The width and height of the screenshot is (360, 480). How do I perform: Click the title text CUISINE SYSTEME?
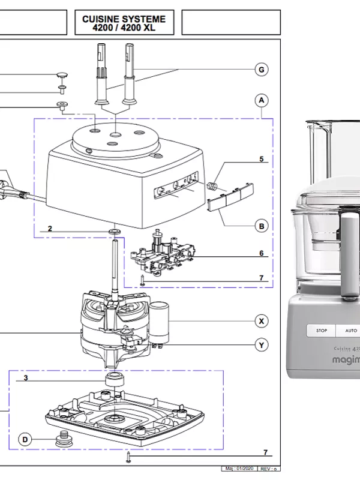[124, 19]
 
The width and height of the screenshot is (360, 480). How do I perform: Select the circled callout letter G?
[261, 70]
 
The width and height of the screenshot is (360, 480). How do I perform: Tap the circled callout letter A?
[261, 100]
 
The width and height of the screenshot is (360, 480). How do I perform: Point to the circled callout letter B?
[261, 226]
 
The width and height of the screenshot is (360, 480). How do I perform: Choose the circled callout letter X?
[261, 320]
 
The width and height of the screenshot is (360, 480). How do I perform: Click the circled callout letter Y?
[261, 345]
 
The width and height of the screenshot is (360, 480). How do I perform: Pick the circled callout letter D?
[25, 439]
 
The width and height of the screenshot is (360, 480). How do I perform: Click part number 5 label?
[261, 159]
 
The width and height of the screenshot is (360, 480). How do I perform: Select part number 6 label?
[261, 253]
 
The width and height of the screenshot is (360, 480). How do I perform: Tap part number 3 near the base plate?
[26, 378]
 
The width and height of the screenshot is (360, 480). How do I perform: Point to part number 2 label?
[50, 229]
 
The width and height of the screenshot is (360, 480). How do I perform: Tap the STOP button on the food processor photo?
[322, 331]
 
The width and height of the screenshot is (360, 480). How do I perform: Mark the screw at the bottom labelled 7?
[128, 459]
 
